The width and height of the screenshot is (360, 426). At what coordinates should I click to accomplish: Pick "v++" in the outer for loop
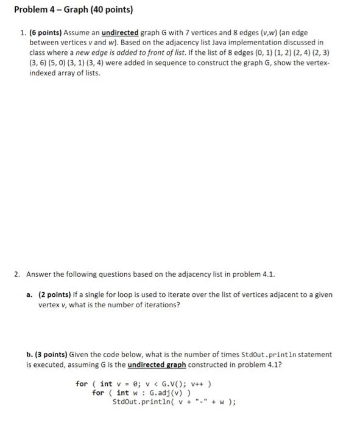(200, 383)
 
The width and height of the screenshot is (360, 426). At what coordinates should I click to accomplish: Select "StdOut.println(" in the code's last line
(143, 402)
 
